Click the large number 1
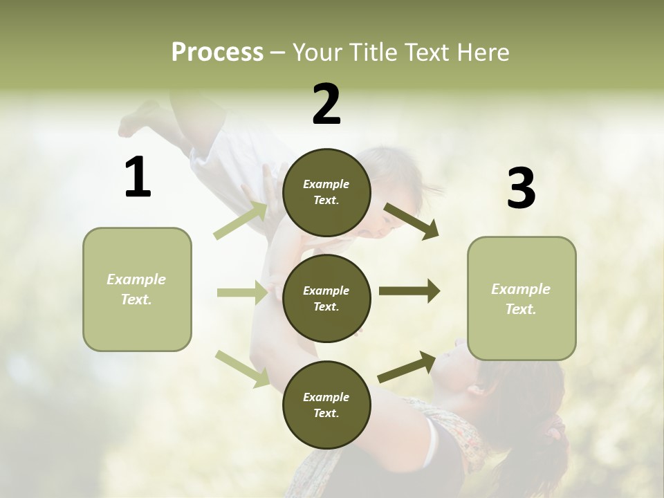[x=138, y=178]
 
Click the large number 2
[x=326, y=104]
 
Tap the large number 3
[x=521, y=189]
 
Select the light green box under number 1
[x=137, y=289]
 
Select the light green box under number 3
[x=522, y=299]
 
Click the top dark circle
[x=326, y=192]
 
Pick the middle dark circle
[x=326, y=298]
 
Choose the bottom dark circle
[x=326, y=405]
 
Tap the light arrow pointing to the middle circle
[x=242, y=293]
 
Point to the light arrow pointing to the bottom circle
[x=242, y=368]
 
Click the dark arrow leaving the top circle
[x=411, y=221]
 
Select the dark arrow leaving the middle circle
[x=409, y=291]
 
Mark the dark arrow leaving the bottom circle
[x=407, y=367]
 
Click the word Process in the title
[x=217, y=52]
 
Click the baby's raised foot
[x=135, y=119]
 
